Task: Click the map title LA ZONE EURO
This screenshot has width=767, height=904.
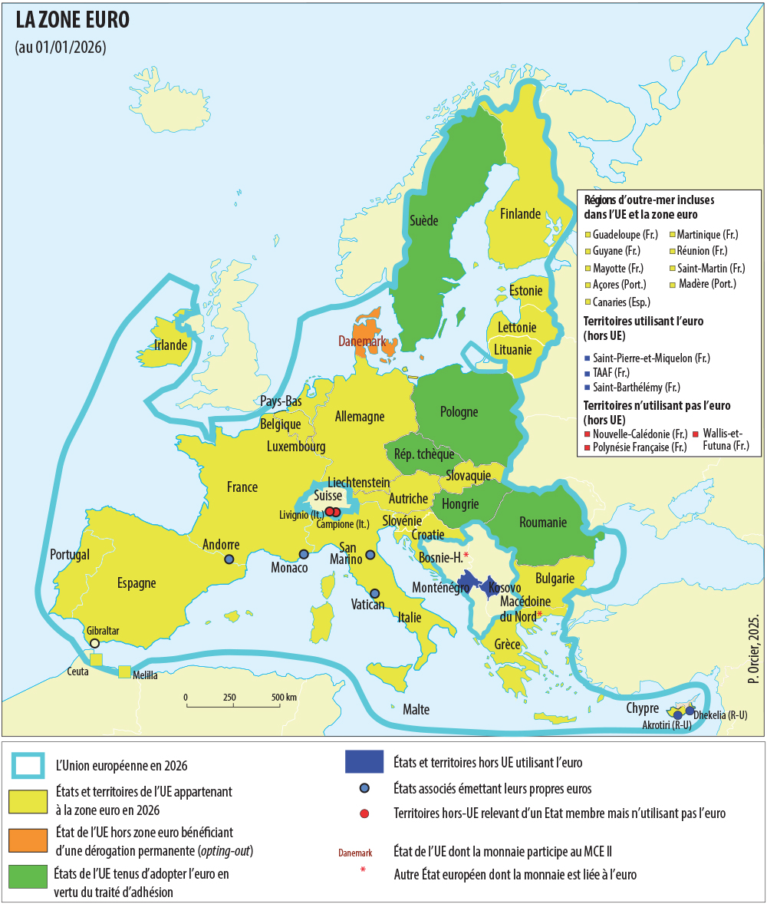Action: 73,21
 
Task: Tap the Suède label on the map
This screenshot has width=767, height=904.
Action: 423,221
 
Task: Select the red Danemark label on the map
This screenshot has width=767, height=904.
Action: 363,341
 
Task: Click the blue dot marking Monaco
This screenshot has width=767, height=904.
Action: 304,554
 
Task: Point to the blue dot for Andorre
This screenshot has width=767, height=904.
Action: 229,559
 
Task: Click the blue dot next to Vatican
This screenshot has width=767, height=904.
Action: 375,593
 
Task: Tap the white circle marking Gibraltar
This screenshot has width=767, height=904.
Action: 94,643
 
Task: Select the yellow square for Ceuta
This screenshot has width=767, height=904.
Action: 96,659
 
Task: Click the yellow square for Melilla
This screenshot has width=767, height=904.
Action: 124,671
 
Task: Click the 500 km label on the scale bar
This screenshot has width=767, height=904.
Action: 284,697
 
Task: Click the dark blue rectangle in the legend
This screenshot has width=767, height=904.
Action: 364,761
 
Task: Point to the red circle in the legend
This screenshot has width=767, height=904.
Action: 364,813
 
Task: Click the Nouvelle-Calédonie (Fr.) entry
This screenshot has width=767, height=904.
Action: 634,434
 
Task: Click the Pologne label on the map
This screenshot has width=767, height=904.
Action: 459,412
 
